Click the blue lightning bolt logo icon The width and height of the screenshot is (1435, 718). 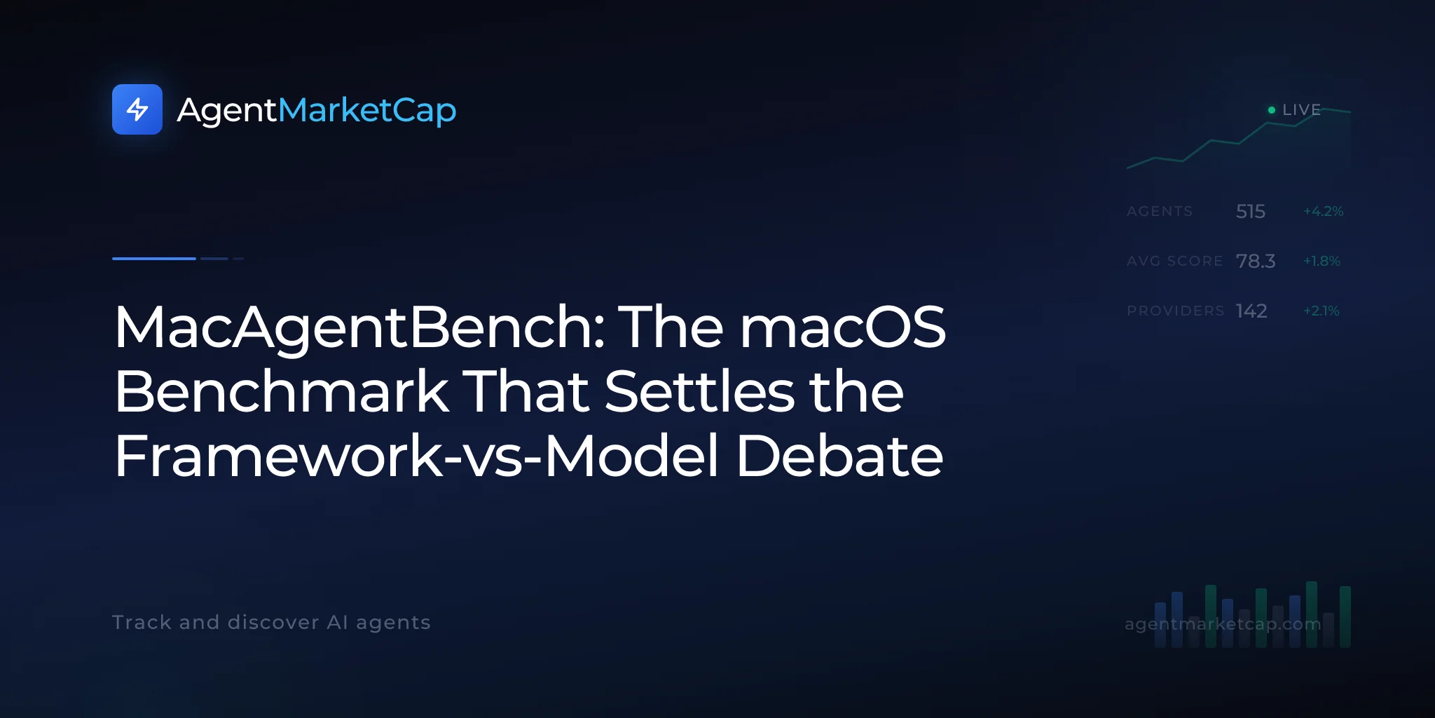137,109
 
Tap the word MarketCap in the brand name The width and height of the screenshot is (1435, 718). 367,111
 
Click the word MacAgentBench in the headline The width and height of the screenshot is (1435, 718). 359,328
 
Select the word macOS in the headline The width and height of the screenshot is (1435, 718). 843,327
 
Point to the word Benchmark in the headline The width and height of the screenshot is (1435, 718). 282,391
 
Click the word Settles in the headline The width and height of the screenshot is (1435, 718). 699,391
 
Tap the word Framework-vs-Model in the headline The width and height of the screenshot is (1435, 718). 417,456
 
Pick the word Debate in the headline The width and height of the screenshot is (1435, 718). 839,456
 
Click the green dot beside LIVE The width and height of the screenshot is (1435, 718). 1272,110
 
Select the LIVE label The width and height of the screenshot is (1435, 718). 1301,110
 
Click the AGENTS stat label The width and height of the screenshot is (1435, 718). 1160,211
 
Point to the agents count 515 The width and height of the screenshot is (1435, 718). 1251,211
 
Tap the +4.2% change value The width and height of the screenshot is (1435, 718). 1323,211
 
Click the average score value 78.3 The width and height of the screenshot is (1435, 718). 1256,261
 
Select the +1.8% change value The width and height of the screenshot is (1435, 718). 1321,261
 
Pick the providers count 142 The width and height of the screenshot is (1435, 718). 1251,311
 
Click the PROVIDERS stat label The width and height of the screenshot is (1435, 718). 1176,311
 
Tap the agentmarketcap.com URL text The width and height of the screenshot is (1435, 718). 1223,624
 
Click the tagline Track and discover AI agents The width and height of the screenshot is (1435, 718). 271,623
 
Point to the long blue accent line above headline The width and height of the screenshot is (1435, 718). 154,259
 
